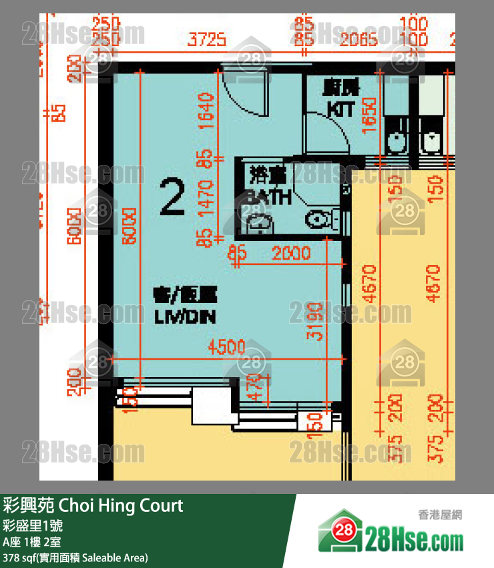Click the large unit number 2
[x=172, y=198]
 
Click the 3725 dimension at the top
[x=206, y=41]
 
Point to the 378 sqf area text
[x=75, y=557]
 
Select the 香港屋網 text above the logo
[x=440, y=515]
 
